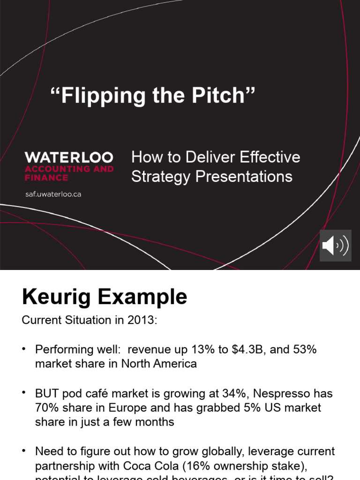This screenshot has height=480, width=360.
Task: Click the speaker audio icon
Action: click(335, 245)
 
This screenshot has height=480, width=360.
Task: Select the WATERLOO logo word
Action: click(69, 157)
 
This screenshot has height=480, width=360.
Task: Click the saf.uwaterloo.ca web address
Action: click(53, 194)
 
